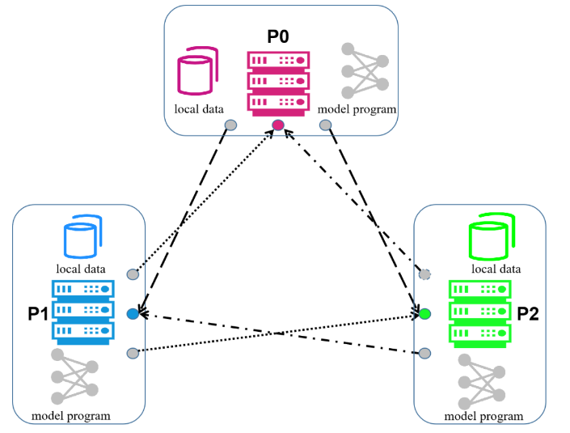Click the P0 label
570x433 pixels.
click(278, 36)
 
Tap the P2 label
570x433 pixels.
click(530, 313)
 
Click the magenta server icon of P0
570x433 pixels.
click(278, 80)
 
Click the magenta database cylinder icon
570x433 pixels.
click(197, 71)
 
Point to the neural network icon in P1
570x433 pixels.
click(74, 376)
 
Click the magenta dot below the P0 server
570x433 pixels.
click(278, 125)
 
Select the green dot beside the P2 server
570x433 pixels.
click(424, 314)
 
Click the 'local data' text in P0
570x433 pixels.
click(198, 108)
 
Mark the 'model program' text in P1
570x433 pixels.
click(70, 417)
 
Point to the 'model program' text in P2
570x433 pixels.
click(484, 417)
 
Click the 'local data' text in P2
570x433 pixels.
click(495, 269)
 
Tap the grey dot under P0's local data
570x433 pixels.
click(230, 125)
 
